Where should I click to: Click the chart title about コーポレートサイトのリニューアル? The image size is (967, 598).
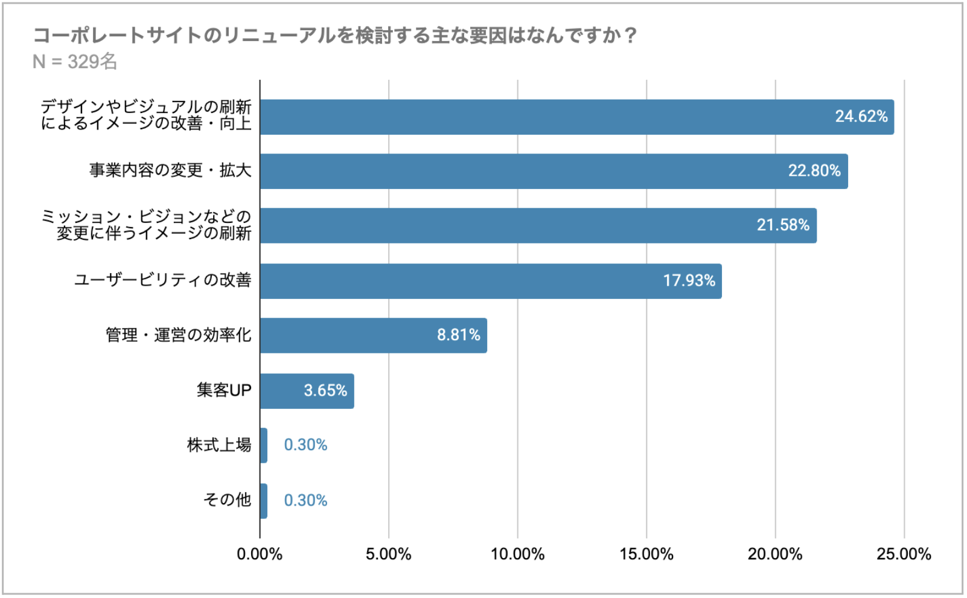tap(335, 36)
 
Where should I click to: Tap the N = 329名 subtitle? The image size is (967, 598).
tap(75, 62)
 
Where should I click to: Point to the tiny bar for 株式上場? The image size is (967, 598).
tap(264, 446)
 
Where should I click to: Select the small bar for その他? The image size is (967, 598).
tap(264, 501)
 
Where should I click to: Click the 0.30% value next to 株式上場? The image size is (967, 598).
tap(305, 445)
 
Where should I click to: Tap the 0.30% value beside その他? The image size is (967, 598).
tap(305, 501)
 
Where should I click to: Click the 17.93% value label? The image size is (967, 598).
tap(689, 281)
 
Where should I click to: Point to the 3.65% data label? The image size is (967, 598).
tap(325, 391)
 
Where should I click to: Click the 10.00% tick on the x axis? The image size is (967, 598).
tap(517, 555)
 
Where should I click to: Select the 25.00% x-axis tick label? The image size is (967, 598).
tap(904, 555)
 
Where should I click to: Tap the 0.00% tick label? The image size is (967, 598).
tap(260, 555)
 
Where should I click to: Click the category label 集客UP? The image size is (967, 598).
tap(223, 391)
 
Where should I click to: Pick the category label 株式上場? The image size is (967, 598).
tap(219, 446)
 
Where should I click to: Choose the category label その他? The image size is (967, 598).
tap(227, 500)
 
